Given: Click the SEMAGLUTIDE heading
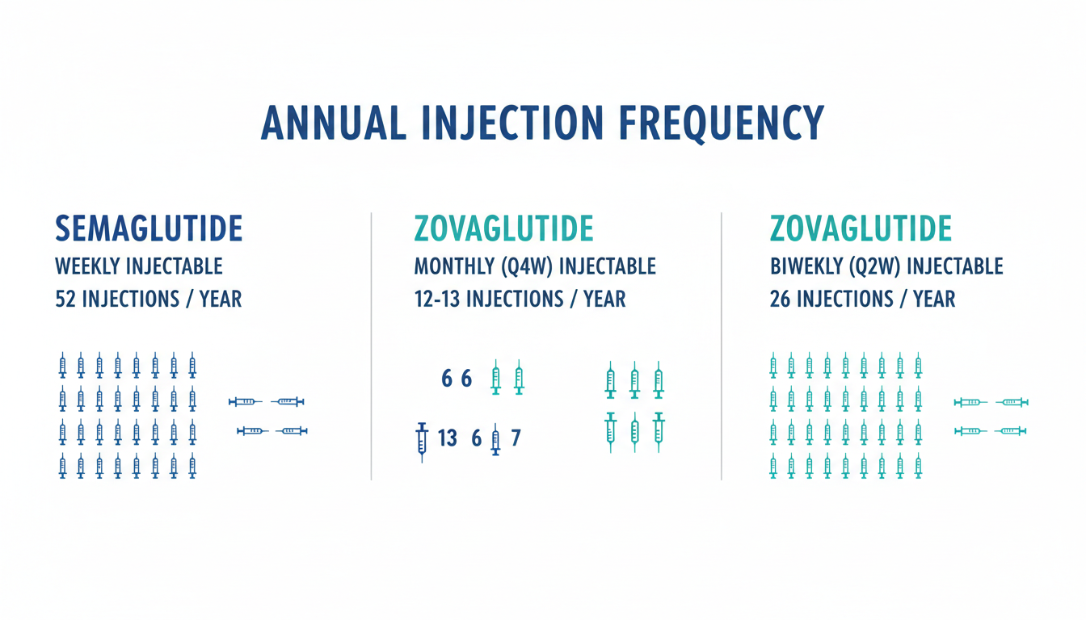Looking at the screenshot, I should pyautogui.click(x=149, y=229).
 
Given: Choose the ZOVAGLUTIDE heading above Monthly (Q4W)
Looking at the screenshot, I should pyautogui.click(x=503, y=229).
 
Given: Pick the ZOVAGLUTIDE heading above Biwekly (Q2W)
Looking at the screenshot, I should pyautogui.click(x=861, y=229).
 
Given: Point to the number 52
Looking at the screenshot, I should pyautogui.click(x=65, y=300).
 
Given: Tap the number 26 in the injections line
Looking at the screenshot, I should pyautogui.click(x=781, y=300).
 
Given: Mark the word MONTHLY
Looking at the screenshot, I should pyautogui.click(x=450, y=266).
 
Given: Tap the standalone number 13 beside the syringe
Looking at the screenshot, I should pyautogui.click(x=447, y=438).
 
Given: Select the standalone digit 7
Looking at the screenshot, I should pyautogui.click(x=516, y=438).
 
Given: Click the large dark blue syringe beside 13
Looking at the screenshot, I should pyautogui.click(x=421, y=441).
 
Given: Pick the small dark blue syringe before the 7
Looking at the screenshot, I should pyautogui.click(x=495, y=441).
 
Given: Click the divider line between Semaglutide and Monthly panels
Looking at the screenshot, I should pyautogui.click(x=371, y=347).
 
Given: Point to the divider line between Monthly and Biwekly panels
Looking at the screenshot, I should pyautogui.click(x=721, y=347).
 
